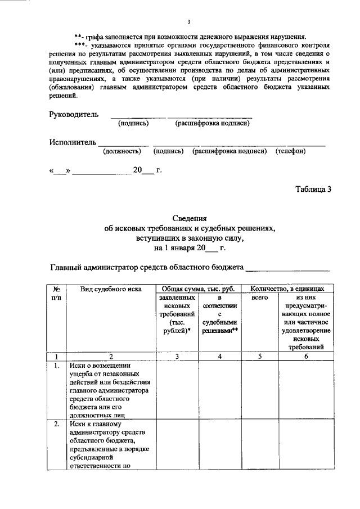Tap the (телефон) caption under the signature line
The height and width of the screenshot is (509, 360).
click(x=290, y=151)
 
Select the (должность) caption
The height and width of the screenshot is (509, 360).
click(x=121, y=151)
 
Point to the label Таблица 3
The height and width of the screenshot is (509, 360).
click(x=313, y=189)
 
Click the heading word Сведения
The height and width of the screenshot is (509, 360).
click(x=190, y=219)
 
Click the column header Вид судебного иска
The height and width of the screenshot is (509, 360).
click(x=110, y=289)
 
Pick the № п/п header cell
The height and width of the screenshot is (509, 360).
click(x=57, y=292)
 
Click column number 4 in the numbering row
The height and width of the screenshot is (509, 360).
click(x=220, y=356)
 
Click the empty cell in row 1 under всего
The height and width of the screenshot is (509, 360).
click(x=260, y=389)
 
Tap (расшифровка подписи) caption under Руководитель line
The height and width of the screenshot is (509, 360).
click(x=212, y=123)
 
